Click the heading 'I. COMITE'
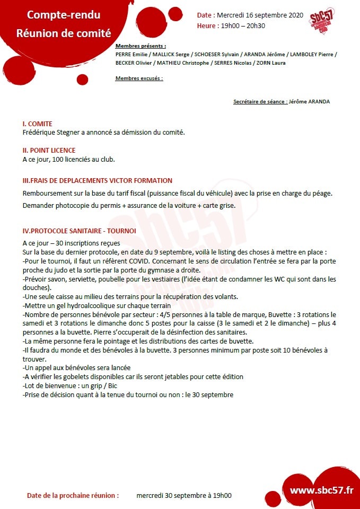pyautogui.click(x=37, y=124)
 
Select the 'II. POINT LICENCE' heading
pyautogui.click(x=49, y=151)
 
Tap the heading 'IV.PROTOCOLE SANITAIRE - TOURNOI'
pyautogui.click(x=79, y=231)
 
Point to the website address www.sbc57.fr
pyautogui.click(x=321, y=490)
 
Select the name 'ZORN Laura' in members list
pyautogui.click(x=271, y=63)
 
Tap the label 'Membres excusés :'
pyautogui.click(x=139, y=78)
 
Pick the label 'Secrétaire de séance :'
pyautogui.click(x=260, y=101)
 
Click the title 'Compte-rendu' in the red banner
pyautogui.click(x=64, y=15)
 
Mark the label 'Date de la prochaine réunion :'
pyautogui.click(x=73, y=496)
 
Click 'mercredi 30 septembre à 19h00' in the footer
pyautogui.click(x=184, y=496)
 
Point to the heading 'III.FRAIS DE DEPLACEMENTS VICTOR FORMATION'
pyautogui.click(x=97, y=181)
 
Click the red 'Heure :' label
pyautogui.click(x=207, y=25)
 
